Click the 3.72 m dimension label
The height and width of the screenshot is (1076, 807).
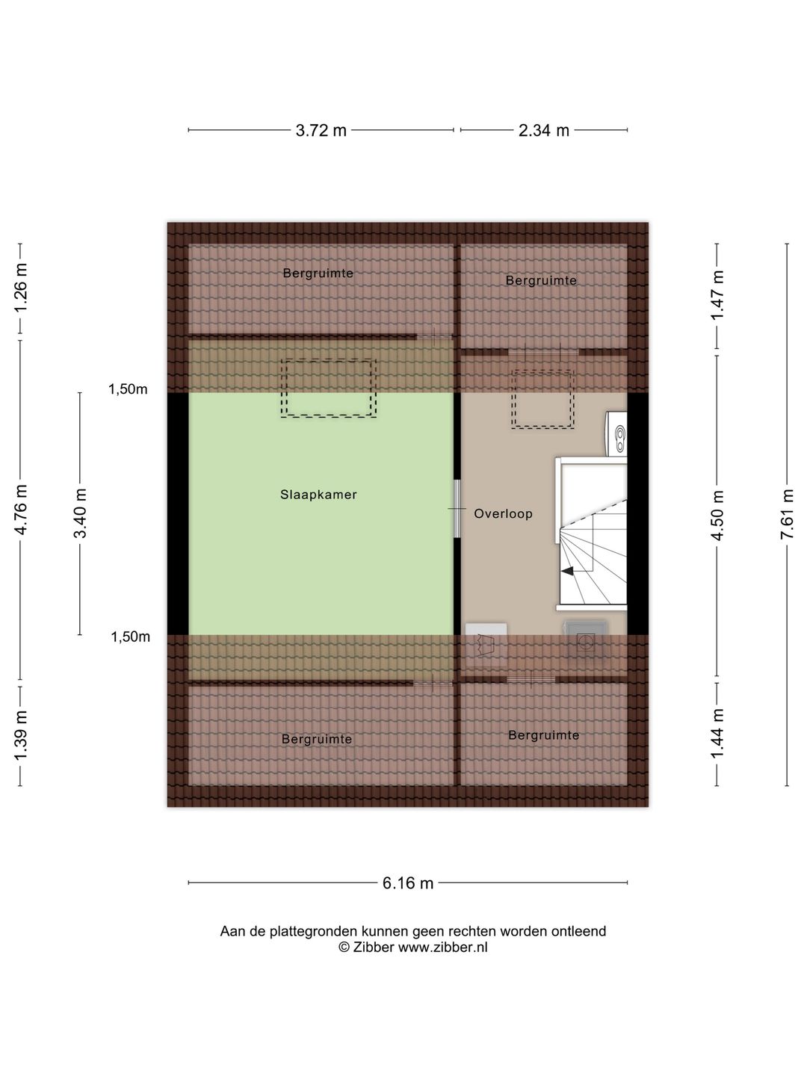321,131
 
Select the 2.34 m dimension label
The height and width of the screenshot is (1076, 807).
544,131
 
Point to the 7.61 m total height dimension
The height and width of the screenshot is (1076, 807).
787,514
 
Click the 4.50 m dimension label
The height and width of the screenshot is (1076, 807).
717,515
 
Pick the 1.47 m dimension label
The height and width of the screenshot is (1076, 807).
717,295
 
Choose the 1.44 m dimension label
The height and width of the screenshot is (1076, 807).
717,733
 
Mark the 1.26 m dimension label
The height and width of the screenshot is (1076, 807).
20,288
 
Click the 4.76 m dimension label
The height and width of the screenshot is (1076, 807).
20,510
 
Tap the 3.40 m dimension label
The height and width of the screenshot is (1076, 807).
80,513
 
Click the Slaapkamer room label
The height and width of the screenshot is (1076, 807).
318,495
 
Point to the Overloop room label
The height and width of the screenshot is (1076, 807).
503,514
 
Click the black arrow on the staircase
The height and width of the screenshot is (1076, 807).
567,571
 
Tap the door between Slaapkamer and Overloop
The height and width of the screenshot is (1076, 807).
457,508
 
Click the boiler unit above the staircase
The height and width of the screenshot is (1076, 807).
617,434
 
